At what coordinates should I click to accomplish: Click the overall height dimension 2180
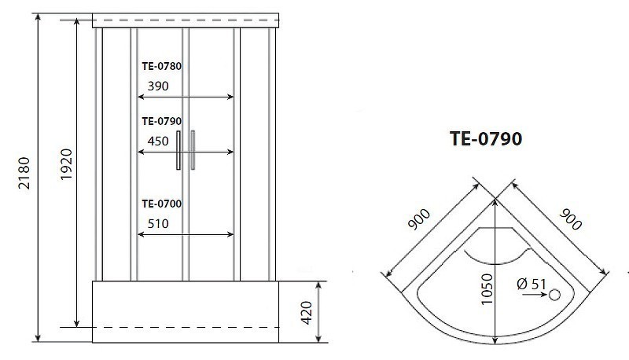(x=24, y=173)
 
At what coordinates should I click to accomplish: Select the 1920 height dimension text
(x=67, y=164)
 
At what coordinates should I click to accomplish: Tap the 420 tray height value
(x=307, y=313)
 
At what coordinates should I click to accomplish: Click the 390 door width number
(x=158, y=86)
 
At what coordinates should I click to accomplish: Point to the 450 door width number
(x=158, y=141)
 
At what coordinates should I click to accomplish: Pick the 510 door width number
(x=158, y=224)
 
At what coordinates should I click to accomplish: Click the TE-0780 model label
(x=162, y=66)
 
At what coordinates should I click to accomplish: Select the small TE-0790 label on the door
(x=162, y=121)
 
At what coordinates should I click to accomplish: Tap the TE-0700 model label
(x=162, y=204)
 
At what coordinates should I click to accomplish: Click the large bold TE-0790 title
(x=486, y=138)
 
